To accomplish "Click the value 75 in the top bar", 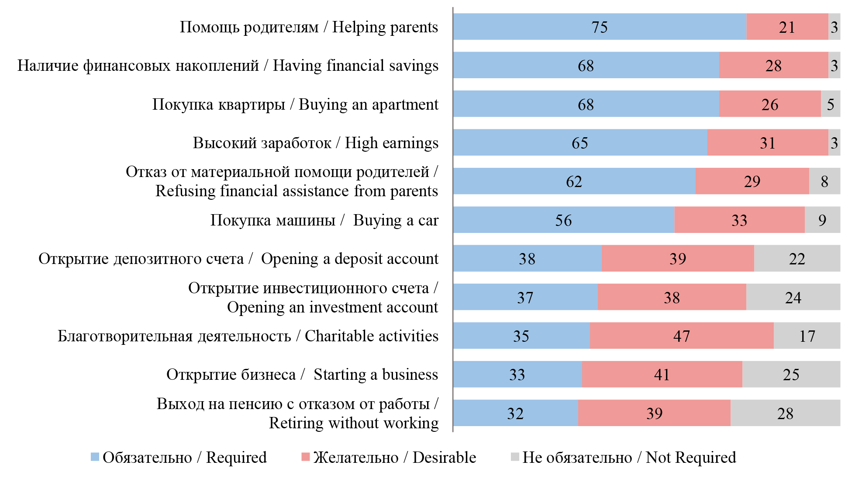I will coord(600,27).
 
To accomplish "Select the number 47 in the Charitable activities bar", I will coord(682,336).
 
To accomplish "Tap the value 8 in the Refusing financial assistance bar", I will coord(824,181).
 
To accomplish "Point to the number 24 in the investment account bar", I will coord(793,298).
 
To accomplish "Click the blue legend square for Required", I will coord(95,457).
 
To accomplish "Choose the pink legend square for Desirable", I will coord(305,457).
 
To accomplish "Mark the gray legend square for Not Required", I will coord(515,457).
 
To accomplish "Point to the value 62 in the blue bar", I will coord(574,181).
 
